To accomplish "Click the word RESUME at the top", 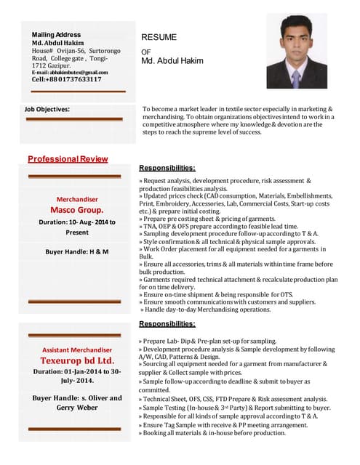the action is point(159,36).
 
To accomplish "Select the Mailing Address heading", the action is point(56,34).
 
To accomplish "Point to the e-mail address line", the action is point(70,72).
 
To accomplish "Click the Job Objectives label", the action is point(47,109).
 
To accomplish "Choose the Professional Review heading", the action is point(68,158).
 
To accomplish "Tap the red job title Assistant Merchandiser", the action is point(76,349).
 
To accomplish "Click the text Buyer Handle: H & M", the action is point(77,251).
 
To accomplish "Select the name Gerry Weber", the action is point(76,408).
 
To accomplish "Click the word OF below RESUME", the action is point(145,52).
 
